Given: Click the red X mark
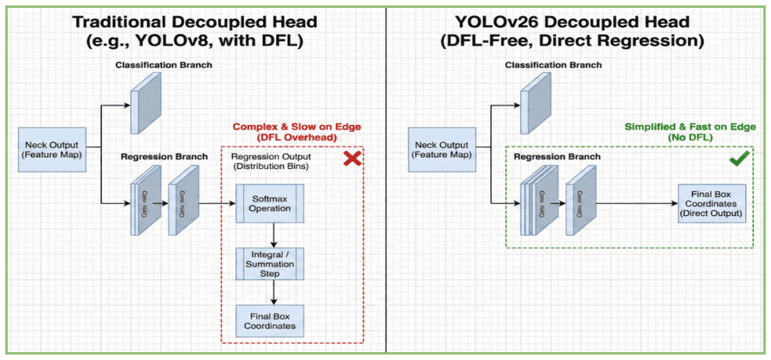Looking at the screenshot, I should pyautogui.click(x=351, y=160).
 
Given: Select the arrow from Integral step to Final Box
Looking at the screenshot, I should pyautogui.click(x=272, y=293).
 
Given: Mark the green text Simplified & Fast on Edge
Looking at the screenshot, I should pyautogui.click(x=690, y=127).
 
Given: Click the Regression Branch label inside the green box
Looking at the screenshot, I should pyautogui.click(x=557, y=158).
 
